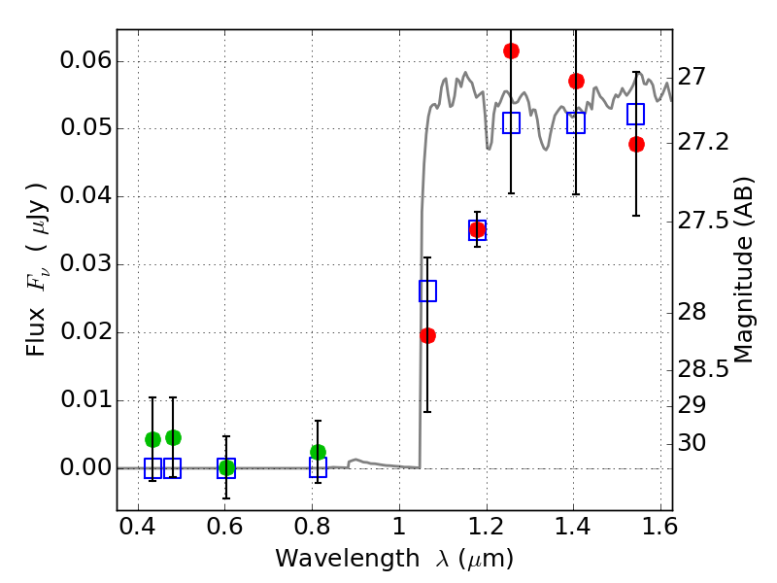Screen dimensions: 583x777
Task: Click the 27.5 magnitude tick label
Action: pos(702,222)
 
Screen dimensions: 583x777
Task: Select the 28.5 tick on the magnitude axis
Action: pos(702,369)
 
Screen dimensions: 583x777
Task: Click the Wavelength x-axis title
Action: pos(393,559)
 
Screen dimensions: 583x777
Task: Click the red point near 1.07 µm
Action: pos(427,335)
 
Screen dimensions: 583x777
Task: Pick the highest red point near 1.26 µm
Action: pos(511,51)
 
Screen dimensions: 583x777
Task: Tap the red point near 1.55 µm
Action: pos(636,144)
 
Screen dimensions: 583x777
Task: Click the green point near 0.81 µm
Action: pos(318,452)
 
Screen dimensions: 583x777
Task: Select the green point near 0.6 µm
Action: pos(226,467)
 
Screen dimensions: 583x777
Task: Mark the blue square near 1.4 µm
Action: pos(576,123)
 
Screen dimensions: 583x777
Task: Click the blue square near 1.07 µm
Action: pos(427,291)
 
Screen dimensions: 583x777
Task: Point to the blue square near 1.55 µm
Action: pos(636,115)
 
